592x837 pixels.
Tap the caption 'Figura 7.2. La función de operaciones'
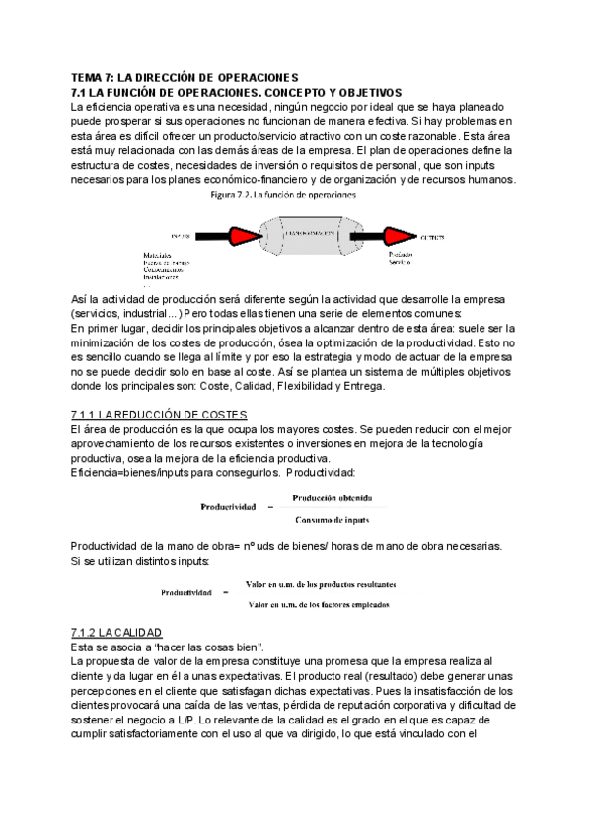[x=284, y=195]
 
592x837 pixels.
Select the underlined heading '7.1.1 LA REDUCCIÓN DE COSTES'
[x=159, y=414]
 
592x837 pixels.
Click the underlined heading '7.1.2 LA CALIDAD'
[x=116, y=632]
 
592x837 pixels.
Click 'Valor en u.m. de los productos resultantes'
[x=321, y=584]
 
